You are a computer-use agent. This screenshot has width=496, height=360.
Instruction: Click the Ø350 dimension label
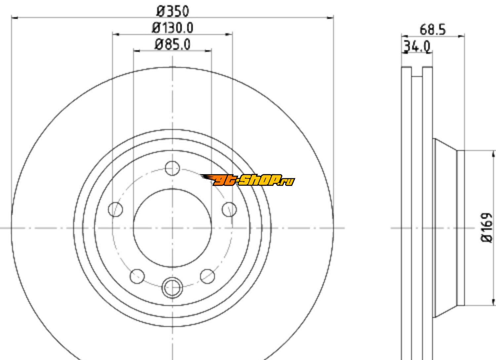click(173, 12)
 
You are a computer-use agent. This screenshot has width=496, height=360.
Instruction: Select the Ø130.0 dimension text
click(173, 28)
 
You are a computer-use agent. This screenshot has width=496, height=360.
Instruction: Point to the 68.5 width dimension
click(433, 30)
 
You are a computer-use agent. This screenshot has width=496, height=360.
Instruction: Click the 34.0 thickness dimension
click(417, 47)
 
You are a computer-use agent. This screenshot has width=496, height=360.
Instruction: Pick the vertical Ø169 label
click(487, 228)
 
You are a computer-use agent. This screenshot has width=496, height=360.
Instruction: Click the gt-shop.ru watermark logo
click(247, 180)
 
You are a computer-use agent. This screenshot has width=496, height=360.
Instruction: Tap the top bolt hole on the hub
click(172, 168)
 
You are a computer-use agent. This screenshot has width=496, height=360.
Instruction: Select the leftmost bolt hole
click(115, 209)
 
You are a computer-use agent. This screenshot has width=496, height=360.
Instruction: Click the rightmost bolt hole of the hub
click(229, 209)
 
